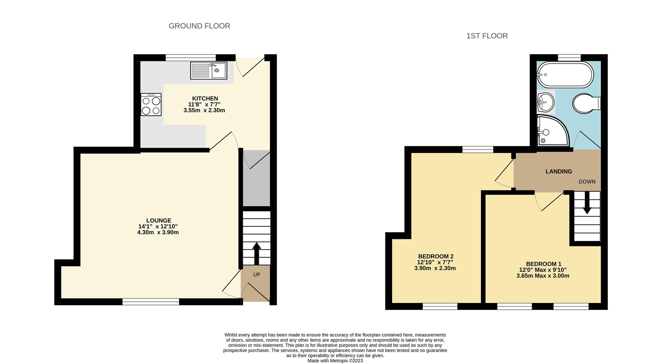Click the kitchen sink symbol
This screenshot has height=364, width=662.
[209, 71]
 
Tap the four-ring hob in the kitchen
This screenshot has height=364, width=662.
[151, 104]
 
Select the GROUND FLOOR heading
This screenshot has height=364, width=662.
[199, 26]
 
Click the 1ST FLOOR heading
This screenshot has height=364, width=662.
[487, 36]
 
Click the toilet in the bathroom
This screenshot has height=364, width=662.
[586, 103]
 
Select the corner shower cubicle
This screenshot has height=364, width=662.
[552, 131]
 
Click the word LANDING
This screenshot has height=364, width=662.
[559, 171]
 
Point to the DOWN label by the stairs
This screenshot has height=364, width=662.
[587, 181]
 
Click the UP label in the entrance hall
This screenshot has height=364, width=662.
[257, 274]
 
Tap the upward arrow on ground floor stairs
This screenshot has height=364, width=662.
[257, 253]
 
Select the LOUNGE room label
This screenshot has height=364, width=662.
[159, 220]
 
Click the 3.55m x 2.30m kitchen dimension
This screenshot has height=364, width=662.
[204, 111]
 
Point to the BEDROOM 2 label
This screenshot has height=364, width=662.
[435, 256]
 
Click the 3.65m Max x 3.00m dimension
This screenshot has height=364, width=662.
[543, 276]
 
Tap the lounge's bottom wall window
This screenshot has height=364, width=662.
[151, 302]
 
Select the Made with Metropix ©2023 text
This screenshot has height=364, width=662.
[335, 361]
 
